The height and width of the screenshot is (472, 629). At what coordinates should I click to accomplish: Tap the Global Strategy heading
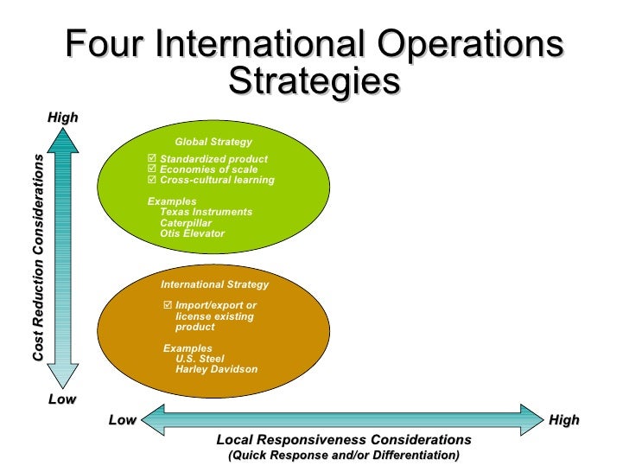[213, 142]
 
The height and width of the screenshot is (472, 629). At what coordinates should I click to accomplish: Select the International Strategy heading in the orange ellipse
[214, 284]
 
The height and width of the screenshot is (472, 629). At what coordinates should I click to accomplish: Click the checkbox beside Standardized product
[152, 159]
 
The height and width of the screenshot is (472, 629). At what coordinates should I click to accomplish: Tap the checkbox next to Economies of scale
[152, 169]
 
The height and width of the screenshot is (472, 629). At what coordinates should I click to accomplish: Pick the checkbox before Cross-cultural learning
[152, 180]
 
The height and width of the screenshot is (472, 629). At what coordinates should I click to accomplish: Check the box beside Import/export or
[168, 305]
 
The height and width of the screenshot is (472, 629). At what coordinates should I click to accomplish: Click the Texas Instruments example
[206, 212]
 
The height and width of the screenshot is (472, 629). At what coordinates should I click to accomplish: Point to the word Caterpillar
[186, 223]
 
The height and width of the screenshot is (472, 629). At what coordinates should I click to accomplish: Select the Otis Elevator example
[192, 233]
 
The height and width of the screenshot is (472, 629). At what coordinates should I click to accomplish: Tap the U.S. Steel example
[200, 359]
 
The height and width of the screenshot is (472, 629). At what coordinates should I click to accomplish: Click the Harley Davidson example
[216, 369]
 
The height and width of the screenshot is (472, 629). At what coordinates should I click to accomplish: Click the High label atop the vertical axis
[62, 117]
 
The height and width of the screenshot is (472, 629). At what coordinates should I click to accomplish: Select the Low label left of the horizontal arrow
[123, 420]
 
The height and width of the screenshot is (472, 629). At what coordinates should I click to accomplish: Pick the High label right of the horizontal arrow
[564, 420]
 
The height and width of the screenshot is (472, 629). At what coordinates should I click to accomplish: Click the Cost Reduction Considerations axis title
[38, 258]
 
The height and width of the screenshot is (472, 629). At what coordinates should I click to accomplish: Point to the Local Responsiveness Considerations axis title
[344, 439]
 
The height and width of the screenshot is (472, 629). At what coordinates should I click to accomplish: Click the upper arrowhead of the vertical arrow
[62, 140]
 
